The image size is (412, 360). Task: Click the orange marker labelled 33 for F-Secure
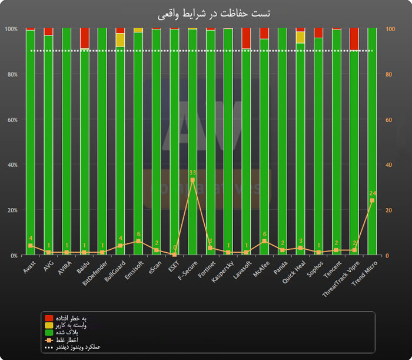tap(192, 180)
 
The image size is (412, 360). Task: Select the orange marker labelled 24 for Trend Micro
tap(372, 200)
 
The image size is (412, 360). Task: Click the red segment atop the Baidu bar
tap(85, 38)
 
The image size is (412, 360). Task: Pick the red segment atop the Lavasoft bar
tap(246, 38)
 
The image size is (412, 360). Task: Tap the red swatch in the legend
tap(49, 318)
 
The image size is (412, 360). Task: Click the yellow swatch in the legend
tap(49, 325)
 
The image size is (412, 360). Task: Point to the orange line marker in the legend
tap(49, 339)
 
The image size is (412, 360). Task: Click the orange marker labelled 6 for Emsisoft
tap(138, 242)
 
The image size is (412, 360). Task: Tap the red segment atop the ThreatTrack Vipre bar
tap(354, 39)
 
